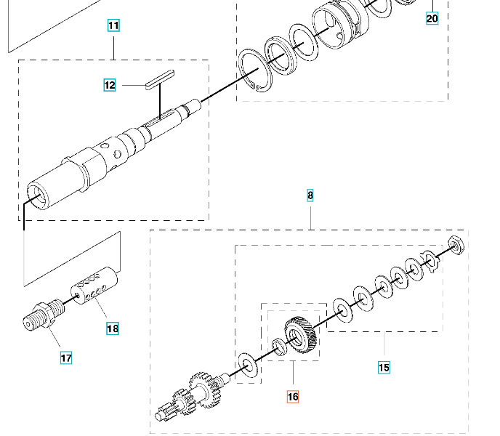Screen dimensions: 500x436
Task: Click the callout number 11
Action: coord(113,25)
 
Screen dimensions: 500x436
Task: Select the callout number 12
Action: coord(109,85)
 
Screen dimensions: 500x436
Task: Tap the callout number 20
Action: coord(432,18)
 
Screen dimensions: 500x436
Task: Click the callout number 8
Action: coord(310,195)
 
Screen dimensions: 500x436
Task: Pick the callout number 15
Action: coord(384,368)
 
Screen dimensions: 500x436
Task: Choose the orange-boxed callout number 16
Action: coord(293,397)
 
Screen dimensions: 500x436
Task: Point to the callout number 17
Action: coord(66,358)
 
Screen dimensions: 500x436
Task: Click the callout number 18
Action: coord(112,328)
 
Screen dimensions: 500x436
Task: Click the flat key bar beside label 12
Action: coord(160,80)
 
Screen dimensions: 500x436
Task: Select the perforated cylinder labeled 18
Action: coord(94,286)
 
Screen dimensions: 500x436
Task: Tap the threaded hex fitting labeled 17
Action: coord(43,317)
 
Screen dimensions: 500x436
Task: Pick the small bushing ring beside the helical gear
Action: coord(279,347)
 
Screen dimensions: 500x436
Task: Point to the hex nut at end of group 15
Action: coord(456,245)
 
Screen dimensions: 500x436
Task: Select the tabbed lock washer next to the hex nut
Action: coord(430,262)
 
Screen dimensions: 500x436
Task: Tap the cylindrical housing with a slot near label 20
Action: coord(341,25)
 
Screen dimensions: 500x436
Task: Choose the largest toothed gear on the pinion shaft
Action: coord(205,390)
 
